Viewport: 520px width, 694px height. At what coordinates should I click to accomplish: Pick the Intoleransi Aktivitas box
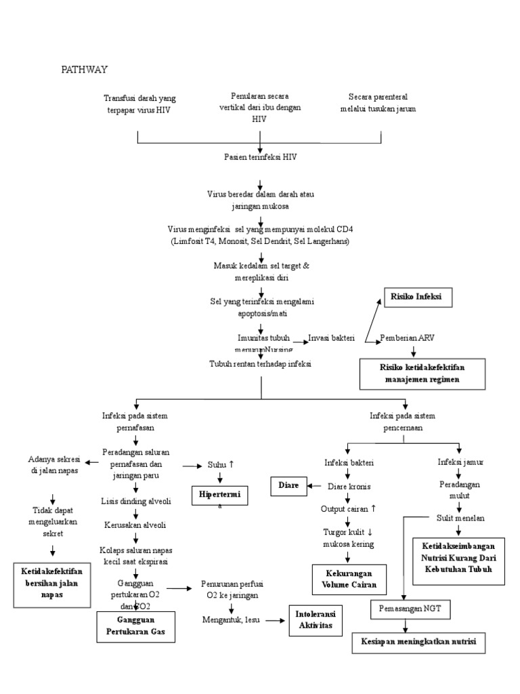(316, 619)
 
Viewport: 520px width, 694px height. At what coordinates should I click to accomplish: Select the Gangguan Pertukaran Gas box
(135, 627)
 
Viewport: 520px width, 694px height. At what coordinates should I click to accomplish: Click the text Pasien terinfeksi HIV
(261, 157)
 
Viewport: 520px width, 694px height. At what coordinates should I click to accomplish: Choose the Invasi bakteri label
(331, 338)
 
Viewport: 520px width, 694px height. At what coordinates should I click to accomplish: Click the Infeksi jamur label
(460, 462)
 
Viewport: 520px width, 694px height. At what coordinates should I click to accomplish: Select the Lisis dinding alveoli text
(135, 501)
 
